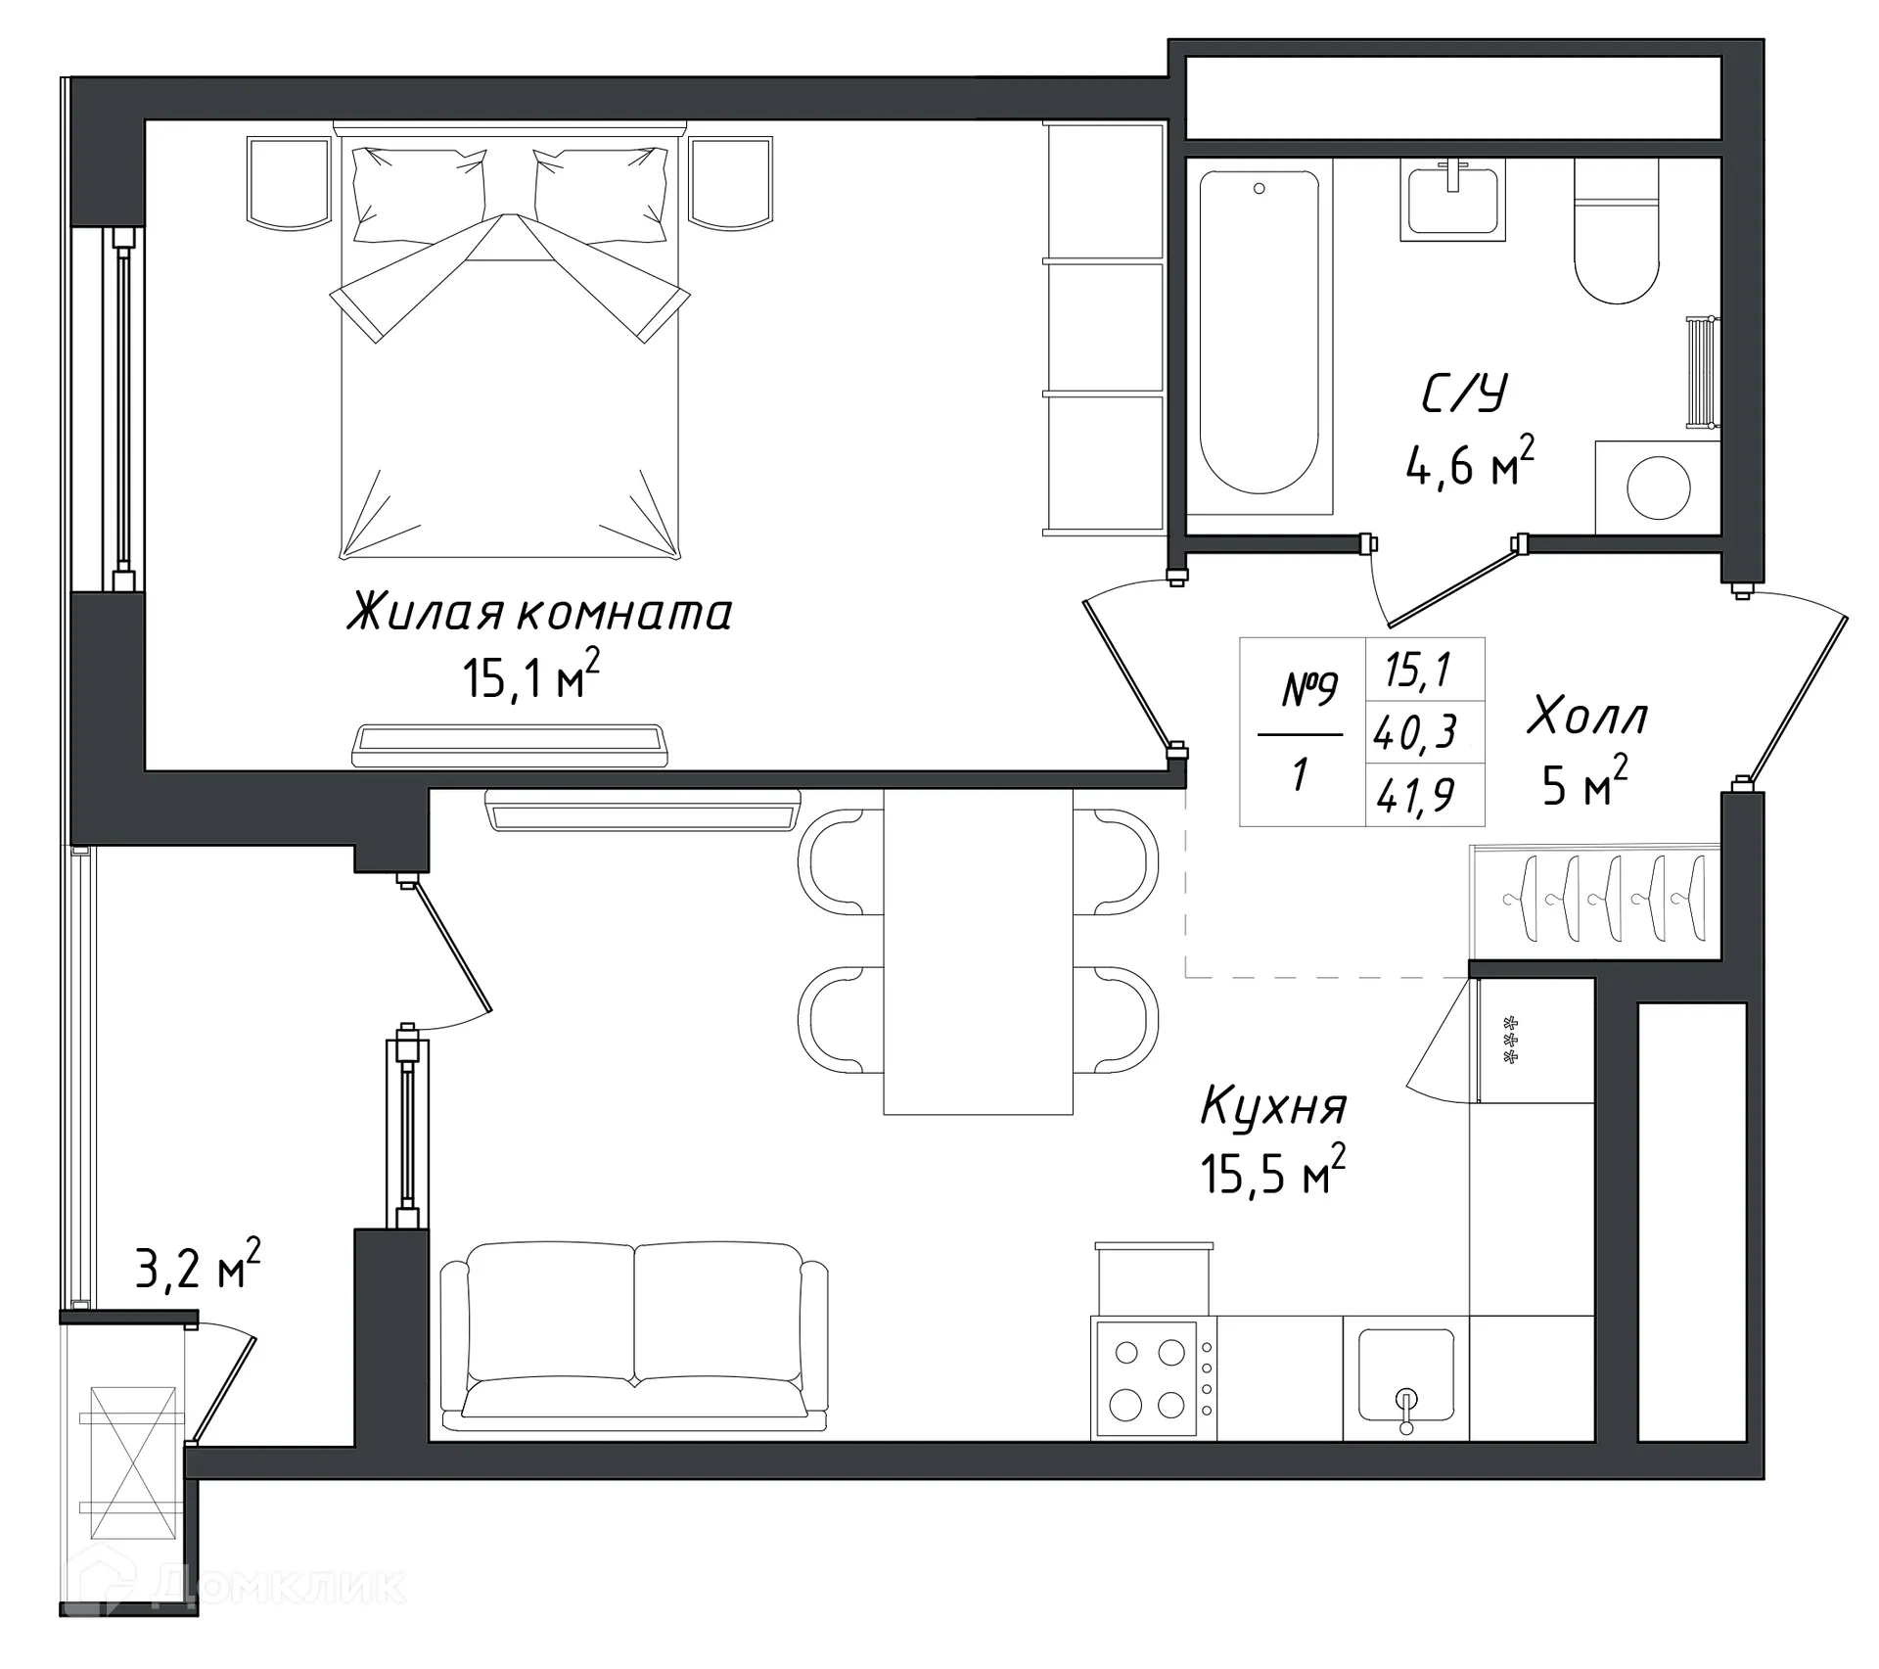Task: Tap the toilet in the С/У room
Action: (1617, 235)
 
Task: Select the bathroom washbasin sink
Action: (1453, 200)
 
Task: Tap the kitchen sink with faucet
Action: (1405, 1375)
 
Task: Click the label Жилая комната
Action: (539, 614)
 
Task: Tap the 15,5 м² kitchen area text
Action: (1272, 1173)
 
